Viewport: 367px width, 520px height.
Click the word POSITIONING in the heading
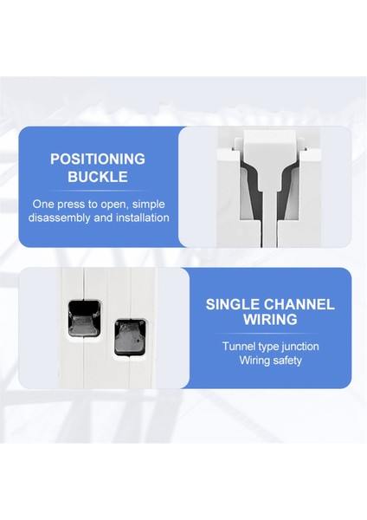(x=96, y=159)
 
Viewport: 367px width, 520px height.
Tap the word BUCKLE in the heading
(x=96, y=178)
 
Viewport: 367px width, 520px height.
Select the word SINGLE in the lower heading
(x=234, y=304)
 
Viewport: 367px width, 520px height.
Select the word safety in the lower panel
(x=282, y=360)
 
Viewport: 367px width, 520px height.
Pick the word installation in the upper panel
(x=140, y=218)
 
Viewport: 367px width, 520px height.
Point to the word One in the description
(x=42, y=204)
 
